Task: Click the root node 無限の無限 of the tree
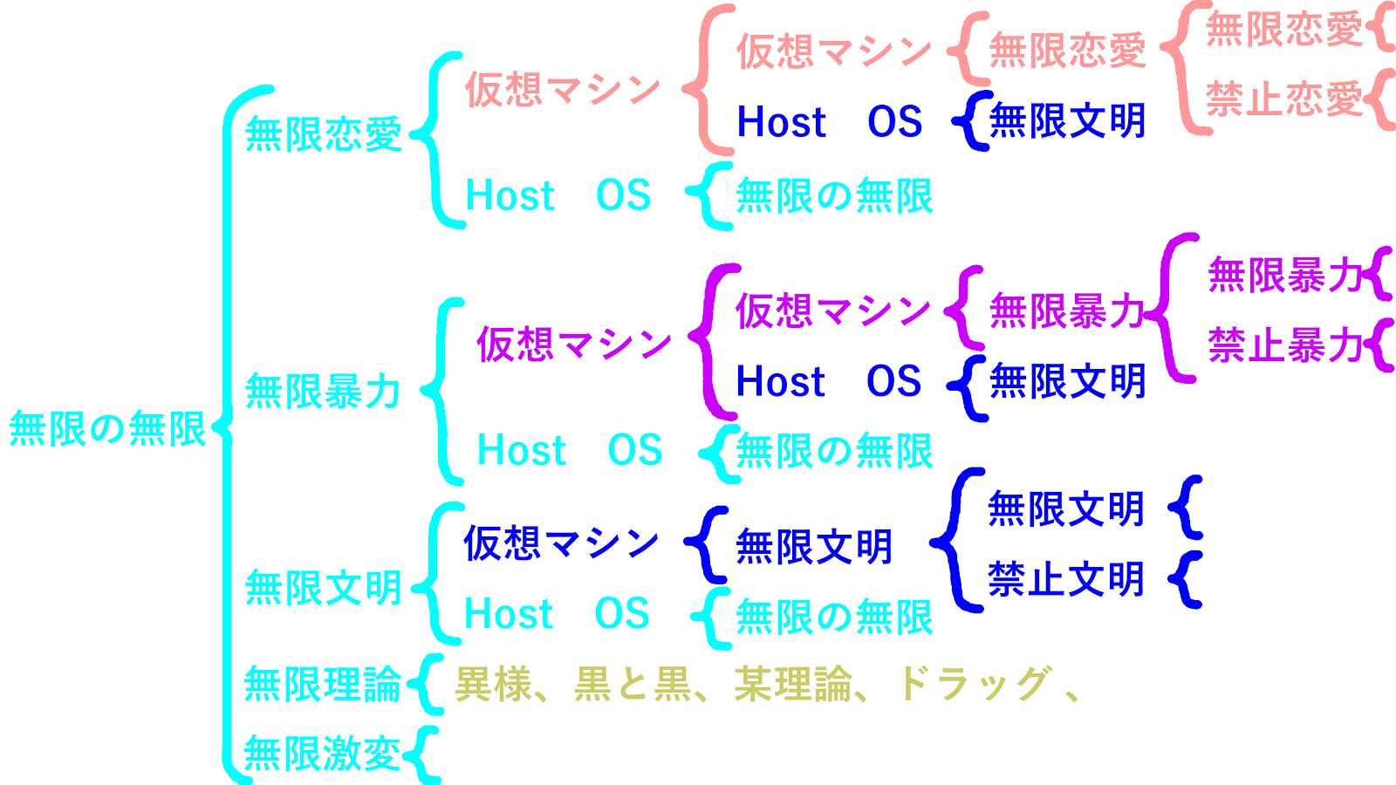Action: (x=107, y=429)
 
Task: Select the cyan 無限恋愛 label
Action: (x=323, y=134)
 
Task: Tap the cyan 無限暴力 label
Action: (x=323, y=392)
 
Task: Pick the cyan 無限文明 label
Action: (x=323, y=588)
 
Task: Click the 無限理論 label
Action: (x=322, y=685)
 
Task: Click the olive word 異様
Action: (x=493, y=685)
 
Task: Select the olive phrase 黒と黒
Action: (x=632, y=685)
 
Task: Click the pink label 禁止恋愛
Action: (x=1283, y=99)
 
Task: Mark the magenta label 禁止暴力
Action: (x=1285, y=345)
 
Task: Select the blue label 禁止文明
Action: (x=1065, y=579)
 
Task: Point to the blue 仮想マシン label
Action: (x=561, y=543)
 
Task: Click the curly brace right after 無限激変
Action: (x=422, y=754)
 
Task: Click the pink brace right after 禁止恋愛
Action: (x=1381, y=99)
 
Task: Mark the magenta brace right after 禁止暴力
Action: (x=1379, y=345)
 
